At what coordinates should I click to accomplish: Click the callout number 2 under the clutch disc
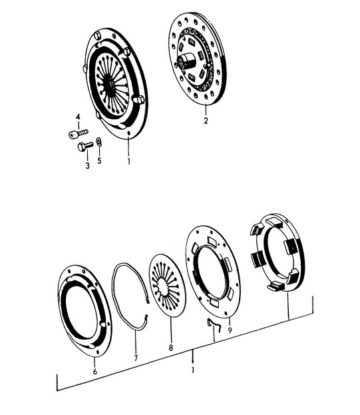coord(206,121)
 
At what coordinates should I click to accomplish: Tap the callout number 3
coord(87,166)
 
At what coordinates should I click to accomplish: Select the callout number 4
coord(78,117)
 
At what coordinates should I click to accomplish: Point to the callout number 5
coord(99,161)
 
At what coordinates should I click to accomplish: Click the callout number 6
coord(95,371)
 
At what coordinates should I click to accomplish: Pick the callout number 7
coord(136,358)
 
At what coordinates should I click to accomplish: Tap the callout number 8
coord(171,348)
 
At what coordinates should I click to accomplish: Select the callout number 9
coord(230,330)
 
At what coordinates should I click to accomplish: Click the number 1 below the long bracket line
coord(193,370)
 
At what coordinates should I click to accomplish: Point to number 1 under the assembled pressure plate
coord(128,161)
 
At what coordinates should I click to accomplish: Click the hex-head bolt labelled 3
coord(85,147)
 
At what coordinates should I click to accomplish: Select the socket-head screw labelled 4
coord(79,134)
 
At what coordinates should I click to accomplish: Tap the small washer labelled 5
coord(99,142)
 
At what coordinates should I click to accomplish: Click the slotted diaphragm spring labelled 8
coord(167,286)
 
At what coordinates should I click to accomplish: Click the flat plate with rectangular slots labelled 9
coord(213,272)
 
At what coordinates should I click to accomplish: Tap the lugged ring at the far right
coord(277,252)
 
